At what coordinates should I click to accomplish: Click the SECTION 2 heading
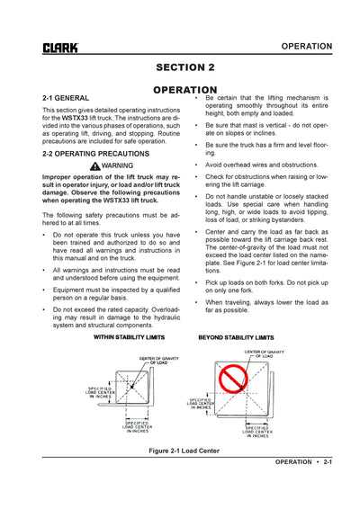(x=184, y=67)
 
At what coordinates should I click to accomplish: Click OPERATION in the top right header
(x=306, y=46)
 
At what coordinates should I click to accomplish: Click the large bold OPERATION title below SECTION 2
(x=184, y=90)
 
